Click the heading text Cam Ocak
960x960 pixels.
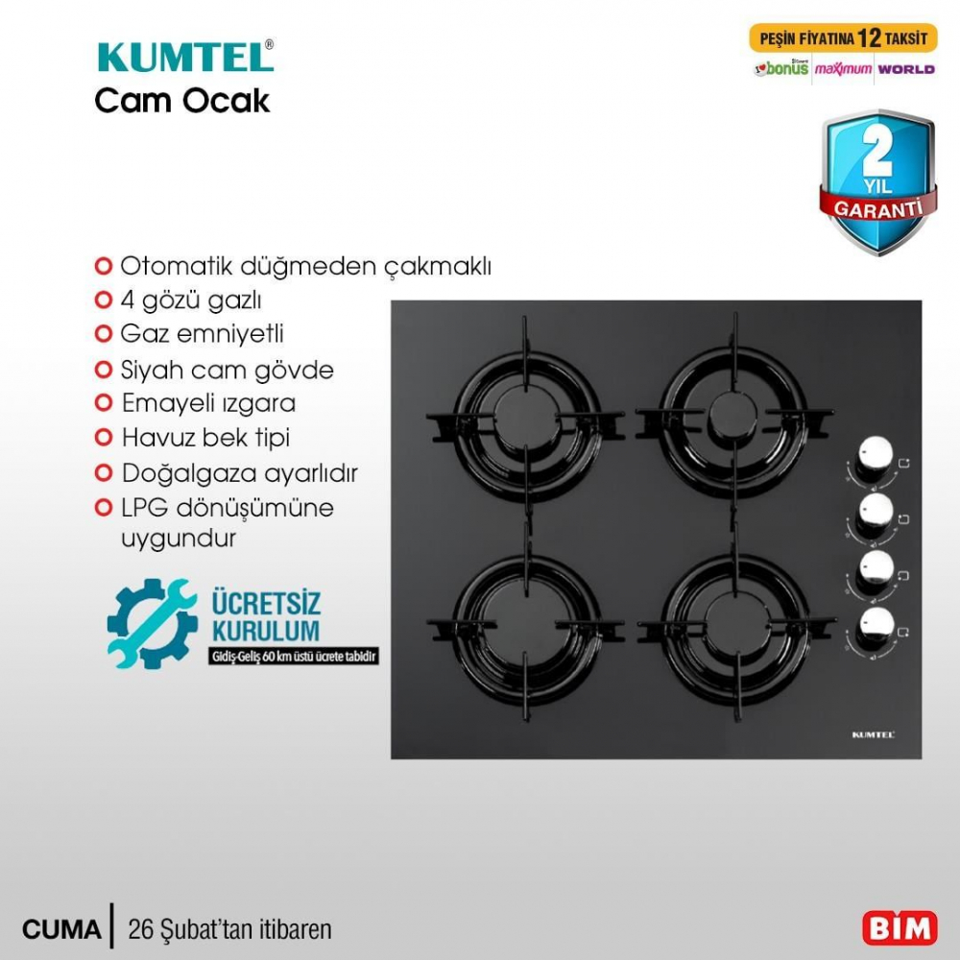pos(182,101)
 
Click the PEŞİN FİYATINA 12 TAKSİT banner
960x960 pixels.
pos(843,39)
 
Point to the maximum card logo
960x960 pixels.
pos(843,69)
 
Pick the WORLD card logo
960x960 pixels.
pos(905,69)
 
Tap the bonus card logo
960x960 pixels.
pos(781,69)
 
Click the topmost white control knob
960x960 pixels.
pos(876,456)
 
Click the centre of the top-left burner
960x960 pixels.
pos(525,419)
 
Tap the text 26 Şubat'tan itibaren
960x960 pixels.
pos(229,929)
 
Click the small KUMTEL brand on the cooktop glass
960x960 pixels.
pos(874,734)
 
